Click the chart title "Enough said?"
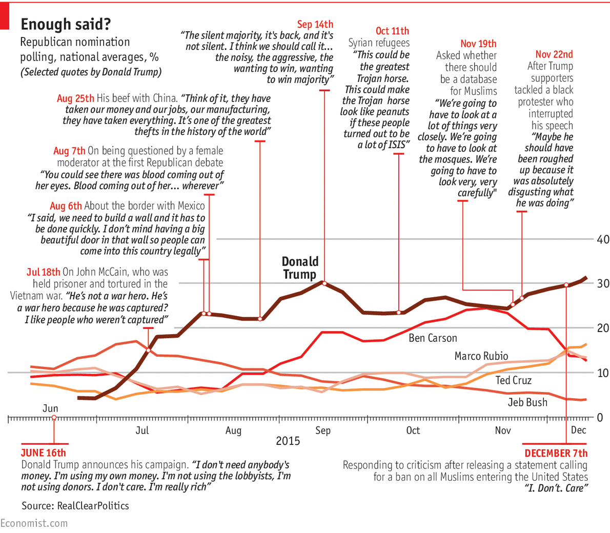pos(65,24)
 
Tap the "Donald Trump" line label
pos(300,268)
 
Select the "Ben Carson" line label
pos(433,338)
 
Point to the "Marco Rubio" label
pos(481,356)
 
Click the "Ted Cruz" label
pos(513,380)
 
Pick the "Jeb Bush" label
pos(527,402)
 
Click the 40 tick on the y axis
pos(603,239)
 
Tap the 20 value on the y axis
pos(603,328)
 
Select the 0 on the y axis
pos(603,417)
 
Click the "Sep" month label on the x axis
pos(323,430)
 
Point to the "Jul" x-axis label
pos(142,430)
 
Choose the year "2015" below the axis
pos(288,441)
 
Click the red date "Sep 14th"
pos(315,24)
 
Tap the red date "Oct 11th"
pos(392,31)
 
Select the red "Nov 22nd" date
pos(554,54)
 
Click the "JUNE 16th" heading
pos(43,453)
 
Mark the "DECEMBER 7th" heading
pos(556,454)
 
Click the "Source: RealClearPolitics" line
pos(75,506)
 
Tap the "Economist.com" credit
pos(34,523)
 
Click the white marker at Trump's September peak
pos(323,282)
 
